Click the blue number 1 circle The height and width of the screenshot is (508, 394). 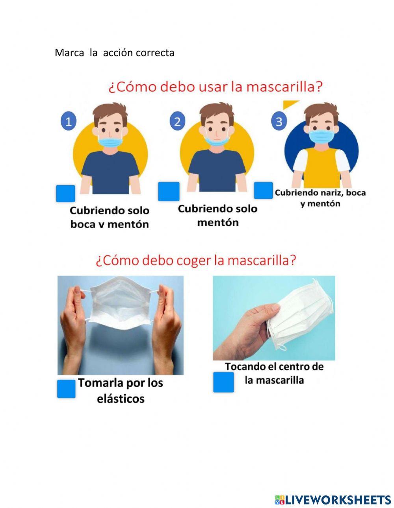(69, 121)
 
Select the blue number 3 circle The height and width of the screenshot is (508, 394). (279, 121)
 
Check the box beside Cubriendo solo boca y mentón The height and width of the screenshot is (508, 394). (65, 194)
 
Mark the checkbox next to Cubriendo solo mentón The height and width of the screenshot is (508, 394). (169, 192)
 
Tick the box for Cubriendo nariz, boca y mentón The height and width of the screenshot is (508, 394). (263, 190)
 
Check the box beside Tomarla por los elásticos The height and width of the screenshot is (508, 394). (66, 389)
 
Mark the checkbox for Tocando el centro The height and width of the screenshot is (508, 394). (223, 382)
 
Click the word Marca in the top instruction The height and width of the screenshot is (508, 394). (69, 53)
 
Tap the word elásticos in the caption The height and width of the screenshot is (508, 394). (121, 399)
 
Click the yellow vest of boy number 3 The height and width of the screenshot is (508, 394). (322, 167)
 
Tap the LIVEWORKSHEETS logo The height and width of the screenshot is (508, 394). (333, 500)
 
